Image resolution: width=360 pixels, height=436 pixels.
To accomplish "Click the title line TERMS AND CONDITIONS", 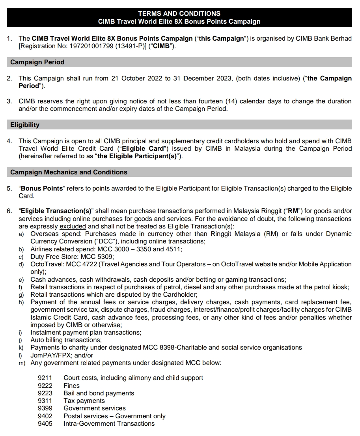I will [x=179, y=13].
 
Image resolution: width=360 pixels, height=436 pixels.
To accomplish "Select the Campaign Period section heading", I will [x=37, y=62].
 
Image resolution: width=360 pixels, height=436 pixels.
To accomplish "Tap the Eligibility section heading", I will [x=25, y=125].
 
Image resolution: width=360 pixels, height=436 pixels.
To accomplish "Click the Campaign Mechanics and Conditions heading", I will [x=69, y=172].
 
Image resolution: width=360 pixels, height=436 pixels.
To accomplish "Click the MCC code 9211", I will [x=45, y=378].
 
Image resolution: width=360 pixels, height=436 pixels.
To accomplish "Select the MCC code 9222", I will [x=45, y=385].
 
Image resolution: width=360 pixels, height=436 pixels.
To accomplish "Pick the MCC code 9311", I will [x=45, y=401].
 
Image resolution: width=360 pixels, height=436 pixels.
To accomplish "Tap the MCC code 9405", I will [x=45, y=424].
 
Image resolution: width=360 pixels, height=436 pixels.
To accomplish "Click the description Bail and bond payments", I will [x=99, y=393].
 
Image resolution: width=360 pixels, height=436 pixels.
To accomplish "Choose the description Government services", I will [x=95, y=408].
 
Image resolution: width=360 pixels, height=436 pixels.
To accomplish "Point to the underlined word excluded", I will [x=73, y=226].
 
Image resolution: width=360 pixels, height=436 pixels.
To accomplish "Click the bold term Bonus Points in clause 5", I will [x=42, y=189].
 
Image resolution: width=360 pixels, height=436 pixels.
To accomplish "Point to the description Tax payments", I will [x=84, y=401].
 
